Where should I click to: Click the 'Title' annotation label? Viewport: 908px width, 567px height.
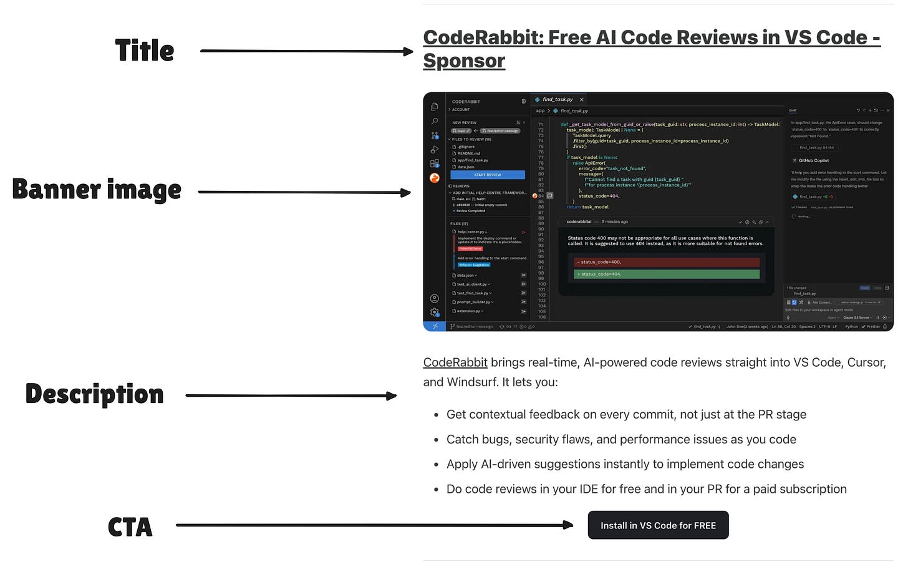pyautogui.click(x=144, y=51)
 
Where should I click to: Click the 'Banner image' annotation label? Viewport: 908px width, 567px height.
pyautogui.click(x=97, y=190)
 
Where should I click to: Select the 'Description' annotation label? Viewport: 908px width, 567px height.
pyautogui.click(x=94, y=394)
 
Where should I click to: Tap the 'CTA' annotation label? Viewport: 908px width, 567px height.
pyautogui.click(x=130, y=527)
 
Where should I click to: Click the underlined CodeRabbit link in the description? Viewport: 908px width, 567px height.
pyautogui.click(x=455, y=362)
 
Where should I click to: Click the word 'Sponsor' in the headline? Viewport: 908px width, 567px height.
pyautogui.click(x=464, y=61)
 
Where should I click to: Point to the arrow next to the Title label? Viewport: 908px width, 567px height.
pyautogui.click(x=306, y=51)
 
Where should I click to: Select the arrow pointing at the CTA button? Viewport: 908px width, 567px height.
pyautogui.click(x=374, y=525)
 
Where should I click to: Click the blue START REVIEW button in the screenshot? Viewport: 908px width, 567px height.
pyautogui.click(x=488, y=175)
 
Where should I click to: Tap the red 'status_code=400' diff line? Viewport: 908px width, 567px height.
pyautogui.click(x=666, y=262)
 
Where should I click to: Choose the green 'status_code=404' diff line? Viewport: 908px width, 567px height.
pyautogui.click(x=666, y=274)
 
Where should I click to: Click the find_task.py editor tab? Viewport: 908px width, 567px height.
pyautogui.click(x=558, y=99)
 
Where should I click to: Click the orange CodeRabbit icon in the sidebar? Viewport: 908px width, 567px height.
pyautogui.click(x=435, y=178)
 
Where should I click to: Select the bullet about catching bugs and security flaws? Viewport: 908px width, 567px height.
pyautogui.click(x=621, y=439)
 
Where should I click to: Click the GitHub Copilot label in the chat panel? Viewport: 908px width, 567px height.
pyautogui.click(x=813, y=160)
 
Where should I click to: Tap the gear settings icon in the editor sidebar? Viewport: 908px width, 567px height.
pyautogui.click(x=435, y=312)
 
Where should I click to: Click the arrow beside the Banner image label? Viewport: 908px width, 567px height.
pyautogui.click(x=304, y=192)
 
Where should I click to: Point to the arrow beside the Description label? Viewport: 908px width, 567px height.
pyautogui.click(x=291, y=395)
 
